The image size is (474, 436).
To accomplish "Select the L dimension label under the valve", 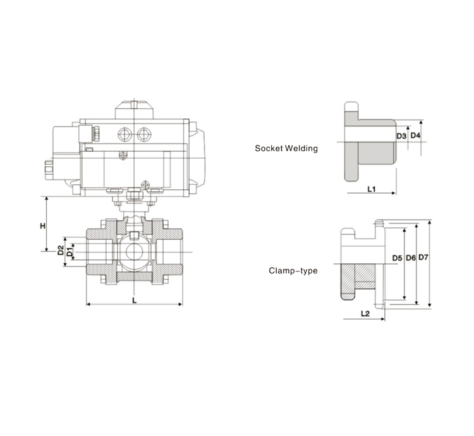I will (135, 300).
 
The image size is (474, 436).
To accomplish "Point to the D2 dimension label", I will (60, 251).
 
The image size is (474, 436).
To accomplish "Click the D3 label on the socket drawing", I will (401, 136).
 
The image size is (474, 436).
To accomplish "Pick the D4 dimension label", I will (415, 136).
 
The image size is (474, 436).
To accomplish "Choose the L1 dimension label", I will (372, 189).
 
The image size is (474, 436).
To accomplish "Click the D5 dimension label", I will (397, 258).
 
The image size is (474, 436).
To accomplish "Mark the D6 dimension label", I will (410, 258).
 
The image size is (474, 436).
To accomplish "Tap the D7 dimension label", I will (423, 258).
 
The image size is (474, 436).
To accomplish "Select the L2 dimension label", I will (365, 313).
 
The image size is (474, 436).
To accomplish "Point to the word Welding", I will (303, 149).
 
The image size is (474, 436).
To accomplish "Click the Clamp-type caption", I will (293, 271).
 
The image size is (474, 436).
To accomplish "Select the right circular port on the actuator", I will (145, 134).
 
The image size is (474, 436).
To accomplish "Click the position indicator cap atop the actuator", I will (134, 108).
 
